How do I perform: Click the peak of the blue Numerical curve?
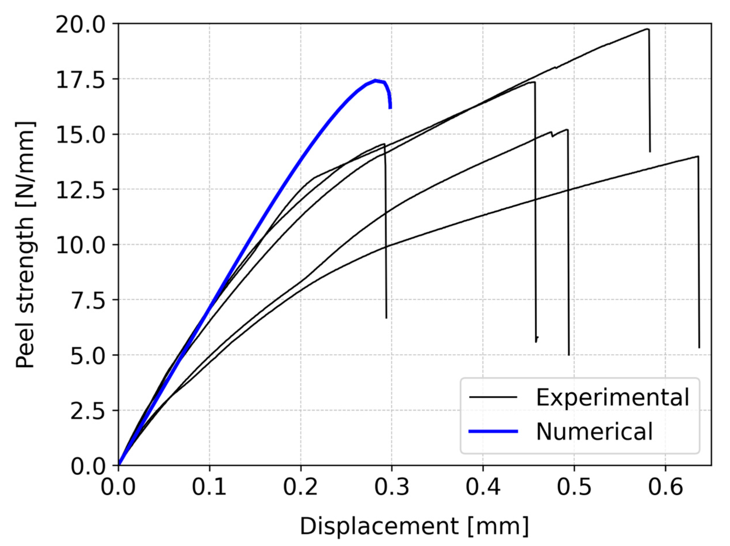pyautogui.click(x=375, y=80)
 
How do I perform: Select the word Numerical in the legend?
pyautogui.click(x=594, y=431)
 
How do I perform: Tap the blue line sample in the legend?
pyautogui.click(x=493, y=431)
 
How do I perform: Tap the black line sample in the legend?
pyautogui.click(x=493, y=397)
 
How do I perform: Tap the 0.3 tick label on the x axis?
pyautogui.click(x=392, y=487)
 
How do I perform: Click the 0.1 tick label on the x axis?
pyautogui.click(x=209, y=487)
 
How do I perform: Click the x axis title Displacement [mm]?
pyautogui.click(x=414, y=527)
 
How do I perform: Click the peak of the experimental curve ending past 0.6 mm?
pyautogui.click(x=698, y=156)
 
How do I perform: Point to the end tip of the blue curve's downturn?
pyautogui.click(x=390, y=108)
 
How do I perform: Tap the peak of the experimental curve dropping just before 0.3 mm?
pyautogui.click(x=384, y=144)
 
